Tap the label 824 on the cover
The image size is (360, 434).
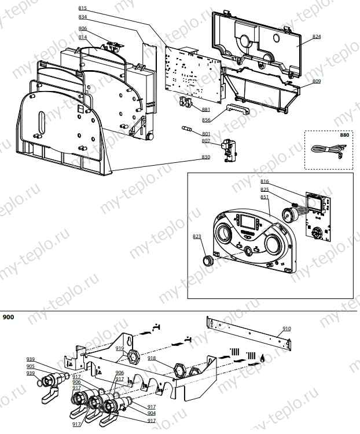coord(316,37)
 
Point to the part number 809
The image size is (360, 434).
coord(316,81)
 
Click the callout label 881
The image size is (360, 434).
coord(206,109)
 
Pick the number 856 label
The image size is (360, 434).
coord(206,121)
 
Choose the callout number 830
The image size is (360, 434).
coord(206,156)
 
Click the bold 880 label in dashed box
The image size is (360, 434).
coord(345,134)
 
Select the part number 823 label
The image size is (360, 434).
coord(196,236)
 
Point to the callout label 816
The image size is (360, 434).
coord(265,181)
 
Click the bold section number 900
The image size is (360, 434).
coord(9,318)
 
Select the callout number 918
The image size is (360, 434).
coord(152,358)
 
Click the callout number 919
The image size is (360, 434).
coord(120,348)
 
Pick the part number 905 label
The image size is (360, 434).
coord(30,366)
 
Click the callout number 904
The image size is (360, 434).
coord(151,413)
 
